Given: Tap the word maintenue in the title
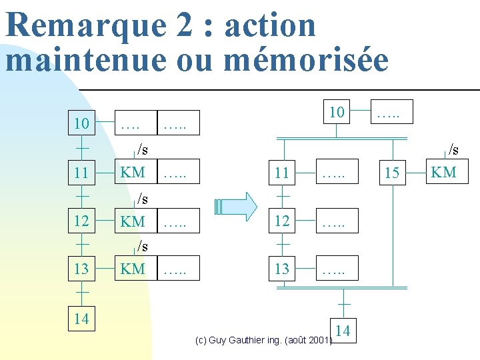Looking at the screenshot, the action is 85,59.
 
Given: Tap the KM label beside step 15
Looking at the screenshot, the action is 443,172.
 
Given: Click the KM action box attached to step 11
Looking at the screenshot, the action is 133,173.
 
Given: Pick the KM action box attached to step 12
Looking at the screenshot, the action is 133,221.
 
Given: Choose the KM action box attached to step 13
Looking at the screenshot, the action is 133,269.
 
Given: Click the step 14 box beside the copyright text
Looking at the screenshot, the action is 343,330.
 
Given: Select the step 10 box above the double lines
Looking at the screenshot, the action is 337,112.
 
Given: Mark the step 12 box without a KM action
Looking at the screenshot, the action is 282,221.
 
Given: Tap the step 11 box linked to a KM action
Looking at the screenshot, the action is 82,173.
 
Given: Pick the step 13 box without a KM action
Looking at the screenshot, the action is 282,269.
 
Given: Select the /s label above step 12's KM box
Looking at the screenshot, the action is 142,198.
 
